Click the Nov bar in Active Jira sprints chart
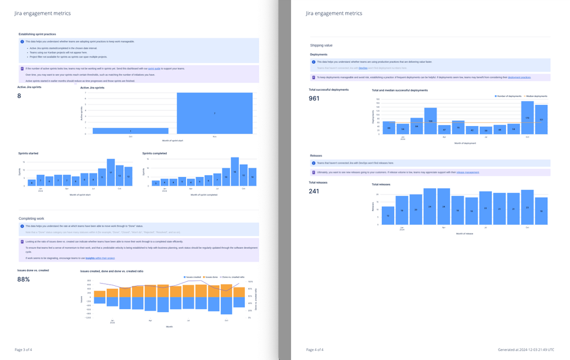(x=215, y=113)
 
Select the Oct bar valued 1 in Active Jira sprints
(x=130, y=131)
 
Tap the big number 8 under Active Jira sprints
(x=19, y=96)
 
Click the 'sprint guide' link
(x=154, y=68)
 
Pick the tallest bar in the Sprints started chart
(x=111, y=172)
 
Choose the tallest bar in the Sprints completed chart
(x=235, y=172)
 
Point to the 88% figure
(x=23, y=280)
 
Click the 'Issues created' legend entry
(x=193, y=277)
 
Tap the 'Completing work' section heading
(x=31, y=219)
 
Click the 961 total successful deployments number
(x=314, y=99)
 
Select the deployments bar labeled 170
(x=527, y=118)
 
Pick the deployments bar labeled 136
(x=431, y=121)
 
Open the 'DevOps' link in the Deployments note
(x=363, y=68)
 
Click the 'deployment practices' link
(x=519, y=78)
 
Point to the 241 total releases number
(x=314, y=191)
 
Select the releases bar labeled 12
(x=388, y=216)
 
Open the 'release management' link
(x=468, y=172)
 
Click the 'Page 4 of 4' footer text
(x=314, y=349)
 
